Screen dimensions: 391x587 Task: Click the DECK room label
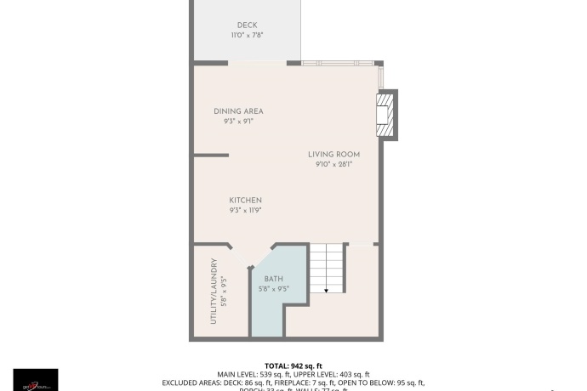pos(247,25)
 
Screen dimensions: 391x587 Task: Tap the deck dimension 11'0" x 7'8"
pos(247,36)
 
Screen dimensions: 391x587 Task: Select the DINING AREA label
pos(238,111)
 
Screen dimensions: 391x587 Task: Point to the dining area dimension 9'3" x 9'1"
pos(238,122)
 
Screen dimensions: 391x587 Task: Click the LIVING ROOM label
pos(333,155)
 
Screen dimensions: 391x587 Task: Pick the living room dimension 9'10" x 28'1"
pos(333,164)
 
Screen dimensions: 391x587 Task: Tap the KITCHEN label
pos(245,201)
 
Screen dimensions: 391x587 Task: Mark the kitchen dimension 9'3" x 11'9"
pos(245,210)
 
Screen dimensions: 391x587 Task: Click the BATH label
pos(273,279)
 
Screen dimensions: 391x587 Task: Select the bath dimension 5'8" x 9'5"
pos(273,288)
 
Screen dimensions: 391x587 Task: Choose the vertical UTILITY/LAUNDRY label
pos(214,291)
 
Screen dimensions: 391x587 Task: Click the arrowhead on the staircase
pos(327,289)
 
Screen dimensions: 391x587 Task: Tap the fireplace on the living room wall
pos(387,115)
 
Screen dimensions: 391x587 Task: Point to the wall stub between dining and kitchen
pos(211,155)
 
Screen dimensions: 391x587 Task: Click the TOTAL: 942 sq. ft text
pos(293,365)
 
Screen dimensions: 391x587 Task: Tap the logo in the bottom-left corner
pos(36,380)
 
